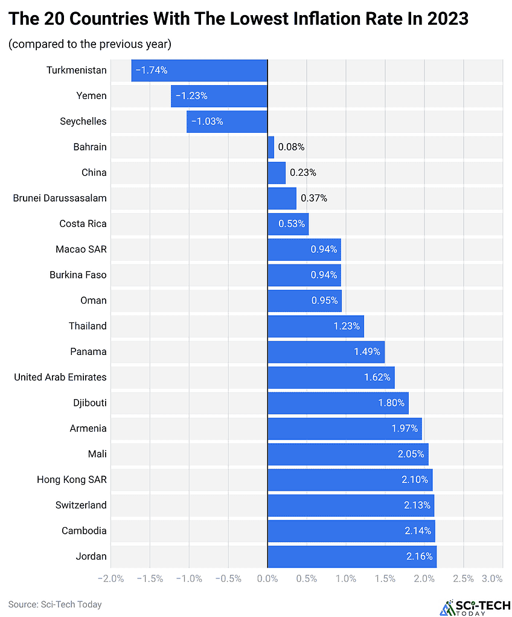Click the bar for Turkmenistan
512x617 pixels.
(x=199, y=70)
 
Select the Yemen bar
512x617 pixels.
(x=219, y=96)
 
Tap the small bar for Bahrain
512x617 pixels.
(x=270, y=147)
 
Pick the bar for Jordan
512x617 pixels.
(x=352, y=557)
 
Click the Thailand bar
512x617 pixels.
(x=316, y=326)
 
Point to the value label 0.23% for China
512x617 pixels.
(x=302, y=173)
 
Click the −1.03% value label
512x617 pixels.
(x=207, y=121)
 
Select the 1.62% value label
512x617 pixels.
(x=379, y=377)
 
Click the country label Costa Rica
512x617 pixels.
(x=83, y=224)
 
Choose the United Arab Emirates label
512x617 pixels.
(x=60, y=377)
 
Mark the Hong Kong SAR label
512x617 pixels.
(x=72, y=480)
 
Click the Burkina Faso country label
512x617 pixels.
(x=78, y=275)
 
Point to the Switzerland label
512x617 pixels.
(x=81, y=505)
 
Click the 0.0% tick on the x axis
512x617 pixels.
(x=267, y=579)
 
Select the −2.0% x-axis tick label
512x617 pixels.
(x=110, y=579)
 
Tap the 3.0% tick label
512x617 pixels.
(x=492, y=579)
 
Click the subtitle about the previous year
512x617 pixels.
(x=90, y=44)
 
